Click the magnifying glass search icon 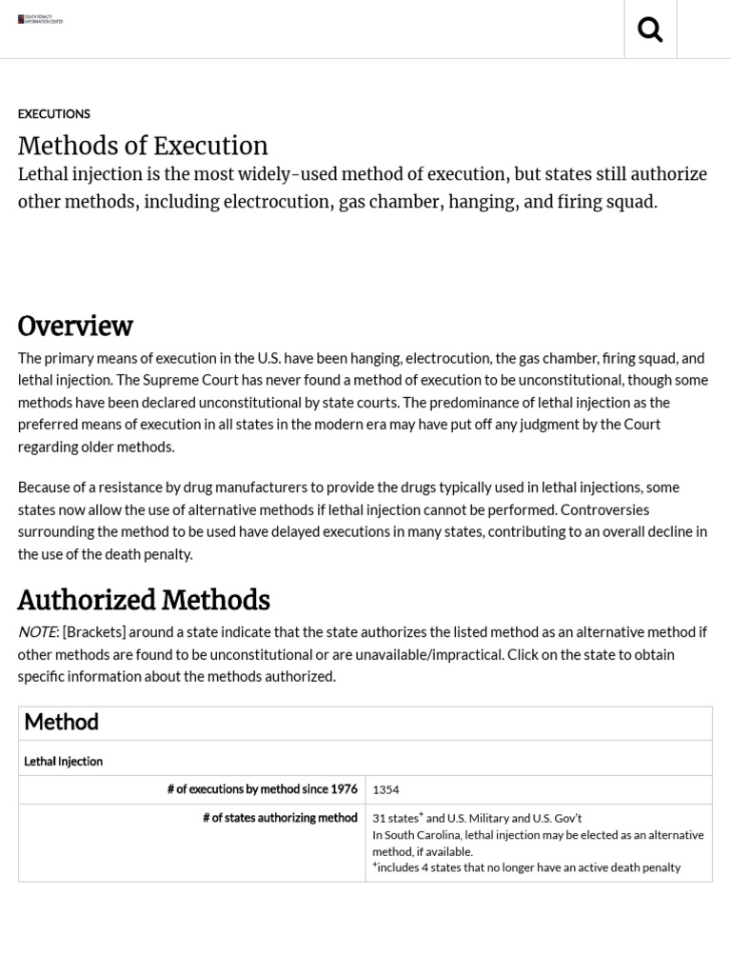(x=650, y=30)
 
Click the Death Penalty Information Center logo (x=40, y=19)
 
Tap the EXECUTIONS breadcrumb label (x=54, y=114)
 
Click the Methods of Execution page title (x=143, y=146)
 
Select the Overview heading (x=75, y=326)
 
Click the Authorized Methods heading (x=144, y=601)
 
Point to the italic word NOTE (x=37, y=632)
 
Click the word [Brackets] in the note (x=93, y=632)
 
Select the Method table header (x=61, y=723)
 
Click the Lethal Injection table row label (x=63, y=762)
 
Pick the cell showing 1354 (x=385, y=789)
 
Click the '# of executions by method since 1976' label (x=262, y=789)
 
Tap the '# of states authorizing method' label (x=280, y=818)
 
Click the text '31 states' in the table (x=395, y=818)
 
